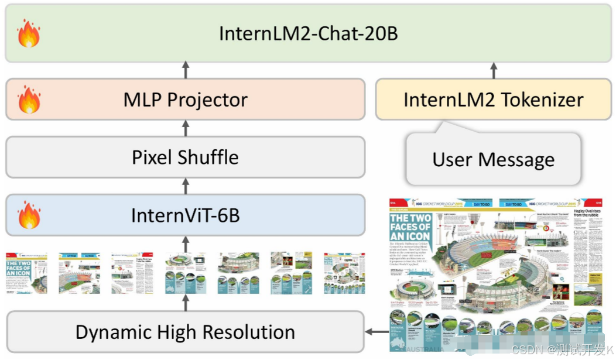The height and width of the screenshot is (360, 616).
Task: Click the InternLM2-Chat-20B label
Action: point(308,33)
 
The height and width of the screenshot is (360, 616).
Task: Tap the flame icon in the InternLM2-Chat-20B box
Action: point(29,33)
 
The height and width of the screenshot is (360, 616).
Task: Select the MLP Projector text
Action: point(186,100)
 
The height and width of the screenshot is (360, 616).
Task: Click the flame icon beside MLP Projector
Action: point(29,100)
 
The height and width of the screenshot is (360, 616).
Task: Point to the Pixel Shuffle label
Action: point(186,157)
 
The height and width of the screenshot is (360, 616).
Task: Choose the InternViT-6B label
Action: point(186,215)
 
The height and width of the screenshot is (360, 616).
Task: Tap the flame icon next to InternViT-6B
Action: point(29,215)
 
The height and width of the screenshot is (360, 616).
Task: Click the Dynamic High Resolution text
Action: point(186,332)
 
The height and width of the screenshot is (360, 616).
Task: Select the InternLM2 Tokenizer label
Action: point(493,100)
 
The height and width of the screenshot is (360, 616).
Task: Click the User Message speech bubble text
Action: point(493,159)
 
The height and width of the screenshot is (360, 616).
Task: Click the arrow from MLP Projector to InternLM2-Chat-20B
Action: point(186,70)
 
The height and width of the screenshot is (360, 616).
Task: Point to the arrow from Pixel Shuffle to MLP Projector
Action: point(186,128)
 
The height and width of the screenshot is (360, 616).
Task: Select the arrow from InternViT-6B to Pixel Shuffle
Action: point(186,186)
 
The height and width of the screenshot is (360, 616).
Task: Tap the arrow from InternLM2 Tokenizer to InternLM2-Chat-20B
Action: point(493,70)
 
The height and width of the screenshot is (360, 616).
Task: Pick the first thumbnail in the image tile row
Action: point(26,273)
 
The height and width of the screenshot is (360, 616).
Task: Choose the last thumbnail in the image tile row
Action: point(344,273)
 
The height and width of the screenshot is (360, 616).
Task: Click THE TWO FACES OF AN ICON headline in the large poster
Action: point(410,228)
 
